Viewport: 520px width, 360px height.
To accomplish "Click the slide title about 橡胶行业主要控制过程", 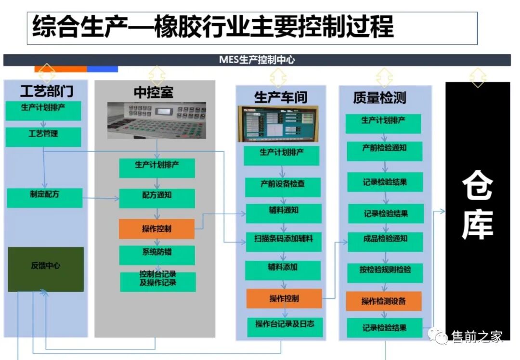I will pos(213,27).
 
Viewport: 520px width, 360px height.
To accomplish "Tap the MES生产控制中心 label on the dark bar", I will pos(257,60).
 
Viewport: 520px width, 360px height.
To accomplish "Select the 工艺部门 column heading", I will pos(47,91).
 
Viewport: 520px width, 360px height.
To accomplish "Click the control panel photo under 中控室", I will pos(156,120).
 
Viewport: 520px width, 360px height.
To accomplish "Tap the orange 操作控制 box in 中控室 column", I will pos(156,229).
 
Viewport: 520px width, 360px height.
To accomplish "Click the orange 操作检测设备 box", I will pos(384,301).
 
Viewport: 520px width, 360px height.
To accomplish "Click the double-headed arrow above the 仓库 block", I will pos(477,77).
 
